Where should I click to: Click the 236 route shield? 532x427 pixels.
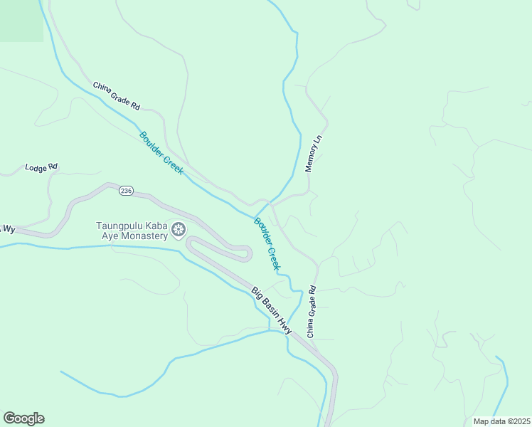click(126, 191)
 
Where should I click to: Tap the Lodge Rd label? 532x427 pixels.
click(41, 168)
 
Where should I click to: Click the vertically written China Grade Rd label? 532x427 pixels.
click(311, 312)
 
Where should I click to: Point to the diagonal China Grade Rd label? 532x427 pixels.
click(117, 96)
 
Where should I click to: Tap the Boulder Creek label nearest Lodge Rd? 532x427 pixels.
click(161, 153)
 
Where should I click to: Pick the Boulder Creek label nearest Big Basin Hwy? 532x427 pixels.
click(267, 244)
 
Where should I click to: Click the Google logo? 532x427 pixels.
click(23, 418)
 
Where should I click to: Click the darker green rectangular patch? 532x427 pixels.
click(21, 20)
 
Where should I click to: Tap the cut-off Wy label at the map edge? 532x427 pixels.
click(8, 228)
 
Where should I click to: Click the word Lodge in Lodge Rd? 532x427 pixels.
click(36, 169)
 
